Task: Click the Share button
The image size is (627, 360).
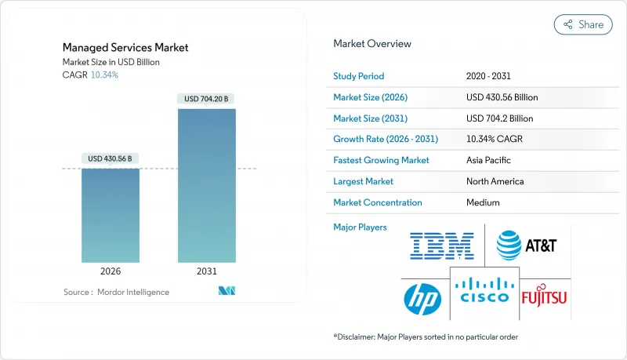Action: coord(583,24)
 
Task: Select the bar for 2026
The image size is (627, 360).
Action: coord(111,216)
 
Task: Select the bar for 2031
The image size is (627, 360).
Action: coord(207,186)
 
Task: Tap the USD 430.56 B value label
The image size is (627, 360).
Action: coord(111,158)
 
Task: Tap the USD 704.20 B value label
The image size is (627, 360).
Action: coord(207,99)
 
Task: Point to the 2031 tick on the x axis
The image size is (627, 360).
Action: coord(207,271)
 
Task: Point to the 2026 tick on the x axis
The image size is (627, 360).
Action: coord(111,271)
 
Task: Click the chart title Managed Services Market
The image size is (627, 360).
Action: coord(125,48)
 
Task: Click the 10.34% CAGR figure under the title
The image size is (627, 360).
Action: coord(105,75)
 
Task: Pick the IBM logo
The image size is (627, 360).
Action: coord(442,245)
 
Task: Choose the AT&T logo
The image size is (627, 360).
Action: coord(527,245)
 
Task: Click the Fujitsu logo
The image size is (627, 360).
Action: coord(544,296)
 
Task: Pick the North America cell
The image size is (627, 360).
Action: coord(495,181)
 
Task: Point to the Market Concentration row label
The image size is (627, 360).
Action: coord(378,202)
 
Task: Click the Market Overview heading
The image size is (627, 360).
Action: coord(372,44)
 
